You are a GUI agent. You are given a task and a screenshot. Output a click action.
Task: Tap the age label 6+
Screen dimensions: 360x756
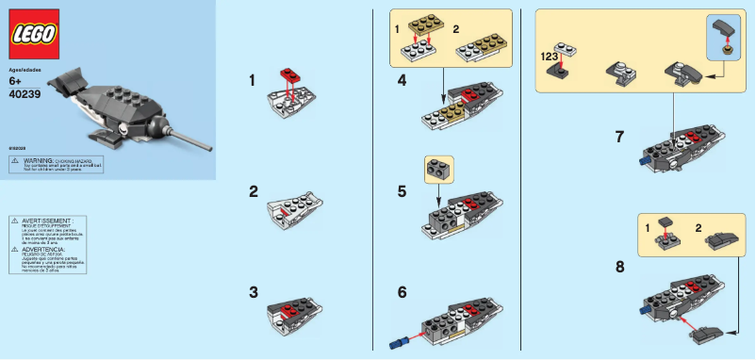coord(16,83)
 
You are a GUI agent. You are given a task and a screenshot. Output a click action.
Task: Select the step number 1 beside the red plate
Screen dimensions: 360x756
coord(253,82)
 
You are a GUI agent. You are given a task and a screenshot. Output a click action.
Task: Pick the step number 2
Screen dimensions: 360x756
coord(254,191)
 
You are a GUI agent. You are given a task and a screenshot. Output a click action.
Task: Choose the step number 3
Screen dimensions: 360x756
coord(254,291)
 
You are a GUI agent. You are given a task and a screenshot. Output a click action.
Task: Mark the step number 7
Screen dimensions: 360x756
coord(619,138)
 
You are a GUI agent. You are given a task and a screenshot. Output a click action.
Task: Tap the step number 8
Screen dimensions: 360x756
coord(619,267)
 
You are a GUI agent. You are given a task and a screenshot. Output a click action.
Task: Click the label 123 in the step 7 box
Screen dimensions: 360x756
coord(550,57)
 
